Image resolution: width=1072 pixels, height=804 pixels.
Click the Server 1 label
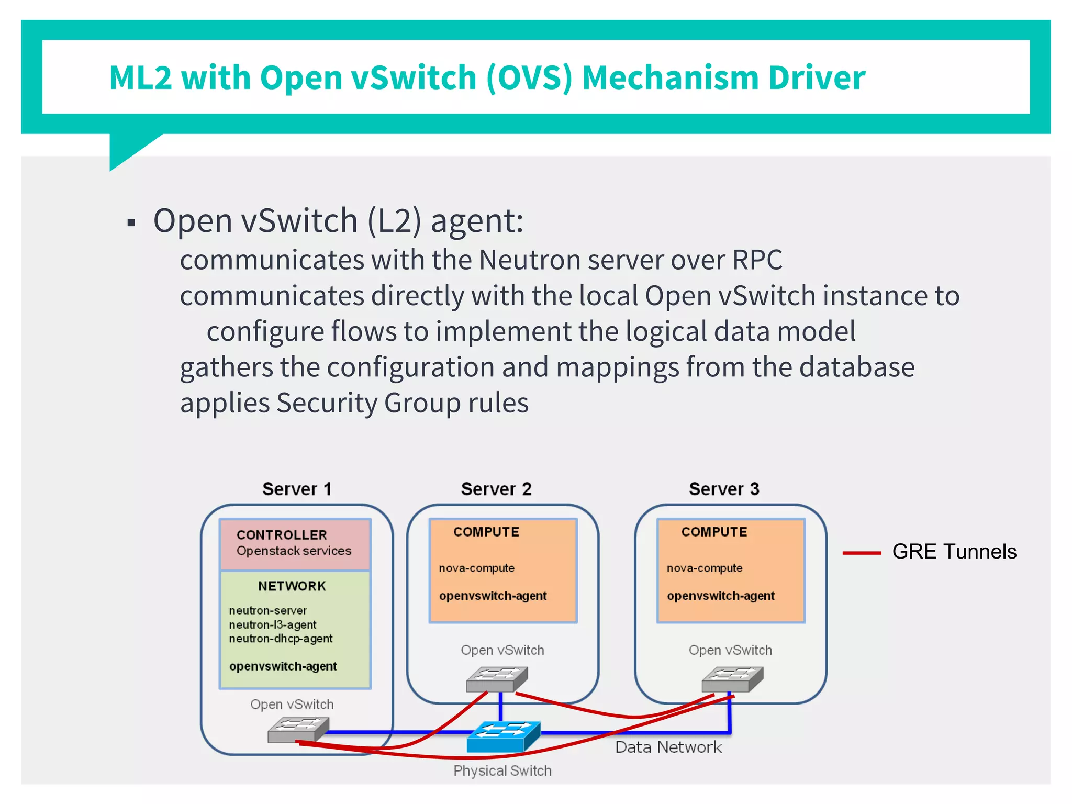(297, 489)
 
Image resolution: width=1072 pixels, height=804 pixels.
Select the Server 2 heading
(496, 489)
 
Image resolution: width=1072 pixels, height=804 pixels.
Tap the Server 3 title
(724, 489)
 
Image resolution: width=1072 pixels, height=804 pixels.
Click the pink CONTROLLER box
(295, 544)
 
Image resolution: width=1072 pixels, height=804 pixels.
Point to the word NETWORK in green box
(292, 586)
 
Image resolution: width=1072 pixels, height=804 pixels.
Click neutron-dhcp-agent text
(281, 639)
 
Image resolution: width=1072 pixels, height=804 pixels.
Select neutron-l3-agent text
(273, 624)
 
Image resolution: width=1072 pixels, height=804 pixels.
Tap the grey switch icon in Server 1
(298, 729)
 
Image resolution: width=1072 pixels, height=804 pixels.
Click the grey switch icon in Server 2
(497, 678)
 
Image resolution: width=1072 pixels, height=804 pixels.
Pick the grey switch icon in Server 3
(732, 678)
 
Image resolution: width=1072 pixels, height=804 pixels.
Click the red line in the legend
(862, 553)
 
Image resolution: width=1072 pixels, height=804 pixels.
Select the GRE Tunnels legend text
(954, 552)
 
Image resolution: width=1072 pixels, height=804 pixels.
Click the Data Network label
(668, 747)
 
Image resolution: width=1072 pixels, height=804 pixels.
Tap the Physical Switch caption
(502, 770)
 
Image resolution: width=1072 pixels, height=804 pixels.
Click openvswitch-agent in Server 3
(721, 596)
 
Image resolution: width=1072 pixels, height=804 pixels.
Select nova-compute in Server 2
(476, 568)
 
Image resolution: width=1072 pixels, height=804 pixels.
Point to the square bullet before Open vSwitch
(131, 224)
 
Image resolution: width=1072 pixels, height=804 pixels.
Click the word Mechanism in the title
(670, 77)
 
